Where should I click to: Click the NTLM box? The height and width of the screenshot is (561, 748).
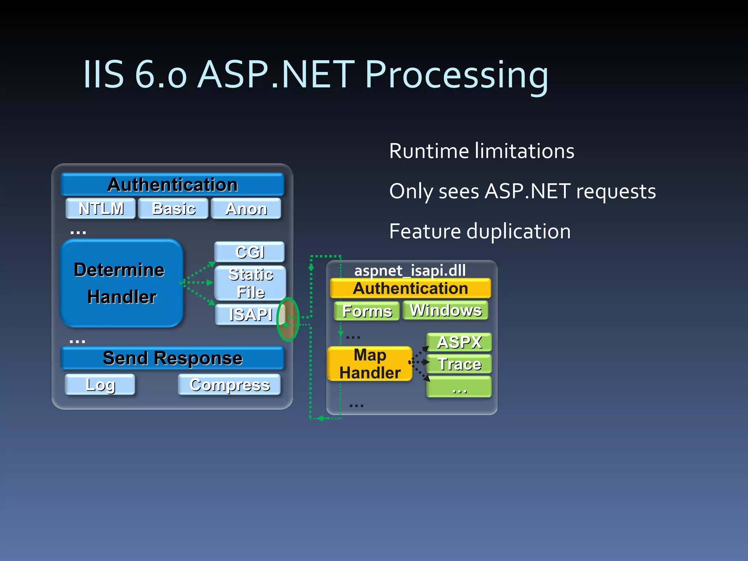point(101,209)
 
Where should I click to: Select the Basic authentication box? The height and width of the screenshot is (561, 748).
point(173,209)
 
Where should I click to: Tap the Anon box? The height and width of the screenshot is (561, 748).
point(246,209)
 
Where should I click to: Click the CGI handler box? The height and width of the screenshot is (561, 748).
point(249,252)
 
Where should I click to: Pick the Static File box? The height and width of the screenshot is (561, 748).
point(250,283)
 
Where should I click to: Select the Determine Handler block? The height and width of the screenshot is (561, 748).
point(121,283)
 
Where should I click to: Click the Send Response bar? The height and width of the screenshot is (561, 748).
point(172,358)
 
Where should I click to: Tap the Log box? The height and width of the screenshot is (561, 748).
point(100,385)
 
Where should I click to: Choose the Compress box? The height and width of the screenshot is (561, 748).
point(229,385)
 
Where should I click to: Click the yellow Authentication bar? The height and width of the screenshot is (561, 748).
point(410,289)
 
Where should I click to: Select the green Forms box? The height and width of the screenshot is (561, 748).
point(367,311)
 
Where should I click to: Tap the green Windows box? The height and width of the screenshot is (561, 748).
point(446,310)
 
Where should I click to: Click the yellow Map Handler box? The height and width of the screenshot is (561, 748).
point(370,364)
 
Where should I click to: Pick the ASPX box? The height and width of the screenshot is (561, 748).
point(459,342)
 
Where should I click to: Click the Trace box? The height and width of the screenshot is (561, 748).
point(459,364)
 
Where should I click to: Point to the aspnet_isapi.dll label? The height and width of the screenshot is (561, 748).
point(410,271)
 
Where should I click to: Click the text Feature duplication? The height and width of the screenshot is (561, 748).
point(480,231)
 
